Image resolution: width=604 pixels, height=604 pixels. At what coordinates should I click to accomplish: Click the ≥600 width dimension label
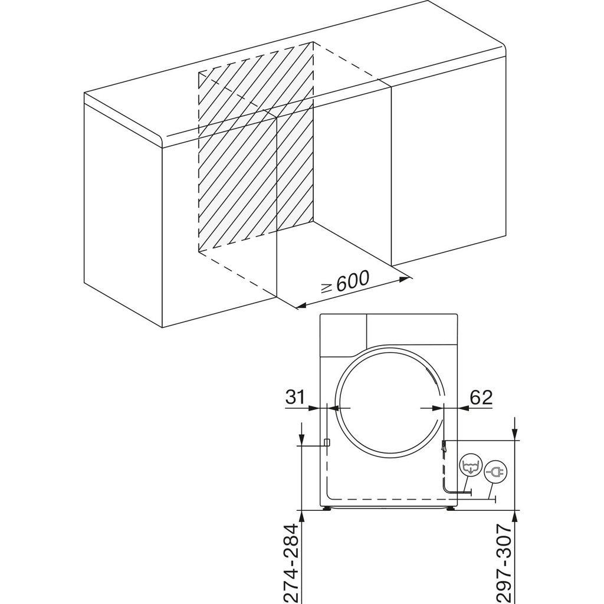coord(344,282)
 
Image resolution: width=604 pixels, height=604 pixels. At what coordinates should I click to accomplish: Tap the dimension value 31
coord(295,397)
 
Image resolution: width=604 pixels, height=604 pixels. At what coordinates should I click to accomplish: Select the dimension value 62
coord(480,397)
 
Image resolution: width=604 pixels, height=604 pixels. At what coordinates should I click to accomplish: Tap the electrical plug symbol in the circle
coord(494,472)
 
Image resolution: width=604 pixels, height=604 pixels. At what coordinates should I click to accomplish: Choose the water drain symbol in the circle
coord(470,466)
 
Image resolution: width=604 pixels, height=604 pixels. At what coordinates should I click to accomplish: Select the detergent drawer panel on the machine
coord(342,334)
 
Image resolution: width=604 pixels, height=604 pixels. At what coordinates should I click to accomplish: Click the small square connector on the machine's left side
coord(326,442)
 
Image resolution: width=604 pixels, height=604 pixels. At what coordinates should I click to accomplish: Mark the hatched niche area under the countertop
coord(254,153)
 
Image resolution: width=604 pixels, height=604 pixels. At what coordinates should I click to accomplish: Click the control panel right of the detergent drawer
coord(411,329)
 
